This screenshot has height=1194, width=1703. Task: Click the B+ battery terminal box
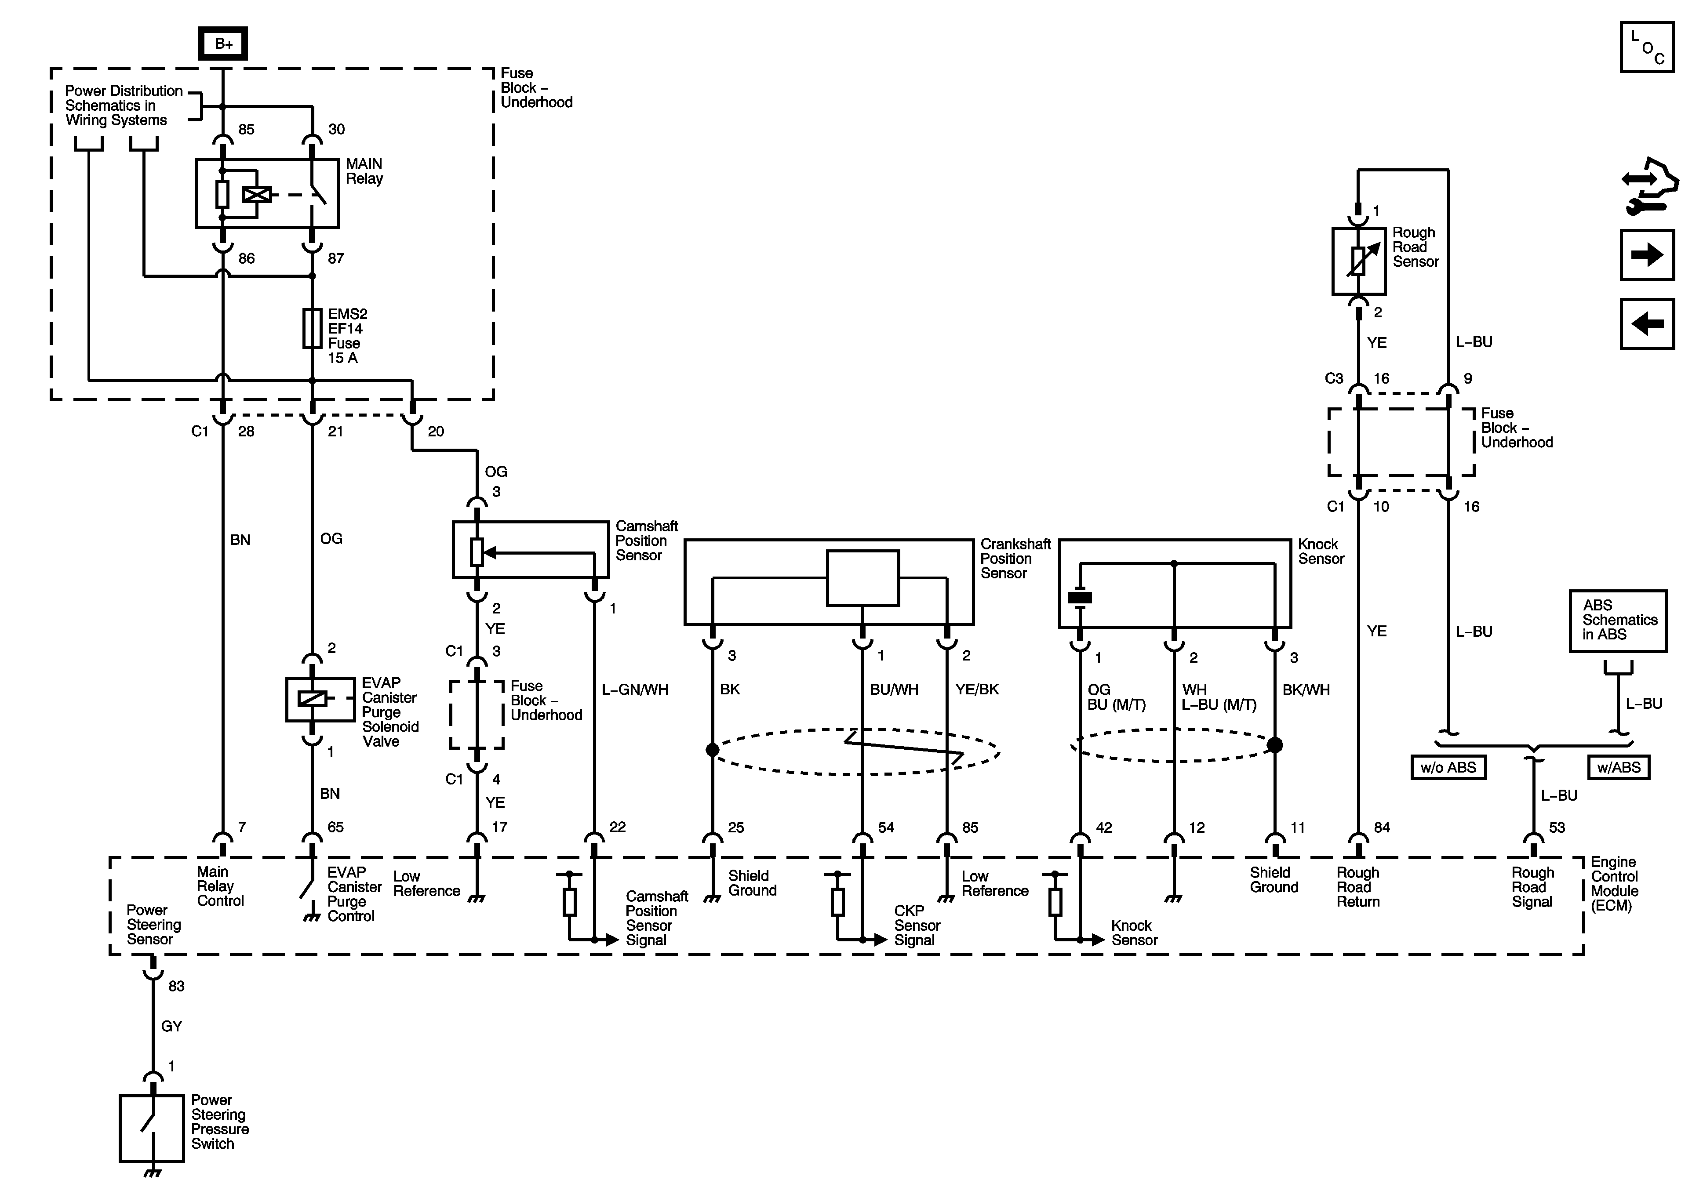pyautogui.click(x=222, y=44)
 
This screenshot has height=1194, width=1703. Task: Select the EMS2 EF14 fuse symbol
pyautogui.click(x=312, y=329)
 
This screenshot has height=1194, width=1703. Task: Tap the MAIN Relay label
pyautogui.click(x=364, y=171)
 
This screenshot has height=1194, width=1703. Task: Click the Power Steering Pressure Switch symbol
pyautogui.click(x=152, y=1128)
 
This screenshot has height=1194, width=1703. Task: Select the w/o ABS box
pyautogui.click(x=1448, y=767)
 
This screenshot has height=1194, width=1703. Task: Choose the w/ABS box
pyautogui.click(x=1619, y=767)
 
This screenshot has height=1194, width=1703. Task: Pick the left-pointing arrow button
pyautogui.click(x=1647, y=323)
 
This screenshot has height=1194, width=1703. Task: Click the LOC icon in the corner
pyautogui.click(x=1647, y=47)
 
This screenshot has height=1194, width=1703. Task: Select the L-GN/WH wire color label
pyautogui.click(x=635, y=690)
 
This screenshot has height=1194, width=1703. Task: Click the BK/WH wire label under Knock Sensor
pyautogui.click(x=1306, y=690)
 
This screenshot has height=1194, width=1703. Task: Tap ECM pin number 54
pyautogui.click(x=886, y=827)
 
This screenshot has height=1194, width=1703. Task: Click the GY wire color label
pyautogui.click(x=171, y=1027)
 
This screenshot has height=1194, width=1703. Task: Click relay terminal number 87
pyautogui.click(x=336, y=258)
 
